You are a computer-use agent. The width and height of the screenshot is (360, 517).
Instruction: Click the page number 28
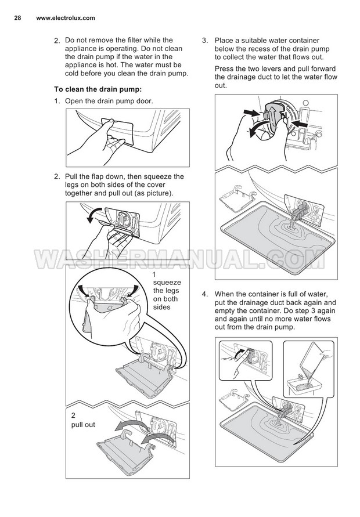pyautogui.click(x=18, y=18)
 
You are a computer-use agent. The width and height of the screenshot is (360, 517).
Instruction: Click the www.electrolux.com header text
pyautogui.click(x=66, y=18)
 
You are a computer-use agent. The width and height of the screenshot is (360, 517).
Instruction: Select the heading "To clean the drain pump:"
pyautogui.click(x=98, y=89)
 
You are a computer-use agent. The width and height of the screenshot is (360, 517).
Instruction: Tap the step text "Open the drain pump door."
pyautogui.click(x=109, y=101)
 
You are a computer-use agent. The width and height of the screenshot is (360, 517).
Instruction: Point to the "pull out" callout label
pyautogui.click(x=83, y=425)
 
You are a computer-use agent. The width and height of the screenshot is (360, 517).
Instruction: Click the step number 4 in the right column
pyautogui.click(x=204, y=294)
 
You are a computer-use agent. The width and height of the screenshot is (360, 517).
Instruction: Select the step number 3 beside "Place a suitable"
pyautogui.click(x=204, y=41)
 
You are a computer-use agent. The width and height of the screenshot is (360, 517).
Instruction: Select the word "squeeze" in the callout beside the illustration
pyautogui.click(x=167, y=283)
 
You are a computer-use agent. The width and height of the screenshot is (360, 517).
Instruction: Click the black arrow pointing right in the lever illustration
pyautogui.click(x=251, y=111)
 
